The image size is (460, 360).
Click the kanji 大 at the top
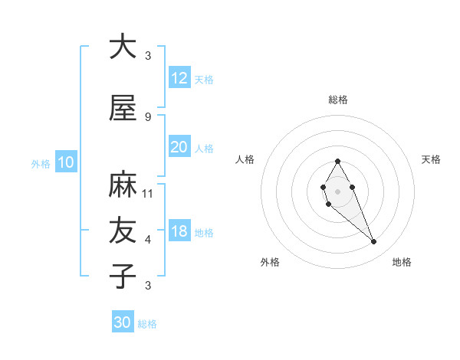pyautogui.click(x=123, y=47)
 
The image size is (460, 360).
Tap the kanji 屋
pyautogui.click(x=123, y=108)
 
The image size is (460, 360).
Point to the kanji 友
pyautogui.click(x=123, y=231)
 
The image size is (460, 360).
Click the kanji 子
pyautogui.click(x=123, y=276)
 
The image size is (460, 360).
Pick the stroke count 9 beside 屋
pyautogui.click(x=148, y=116)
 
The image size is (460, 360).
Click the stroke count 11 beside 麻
pyautogui.click(x=148, y=194)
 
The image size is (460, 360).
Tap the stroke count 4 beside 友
pyautogui.click(x=148, y=240)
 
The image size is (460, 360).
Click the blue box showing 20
pyautogui.click(x=179, y=147)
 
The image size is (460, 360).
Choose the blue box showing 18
pyautogui.click(x=179, y=231)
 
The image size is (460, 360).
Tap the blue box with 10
pyautogui.click(x=65, y=162)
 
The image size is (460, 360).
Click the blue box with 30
pyautogui.click(x=123, y=322)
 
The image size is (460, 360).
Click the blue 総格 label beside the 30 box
pyautogui.click(x=147, y=325)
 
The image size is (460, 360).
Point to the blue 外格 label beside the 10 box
pyautogui.click(x=40, y=164)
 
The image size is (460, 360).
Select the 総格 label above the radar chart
pyautogui.click(x=337, y=100)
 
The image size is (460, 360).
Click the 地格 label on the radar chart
pyautogui.click(x=402, y=263)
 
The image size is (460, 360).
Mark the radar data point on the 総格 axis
pyautogui.click(x=337, y=161)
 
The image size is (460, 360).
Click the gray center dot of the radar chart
pyautogui.click(x=337, y=190)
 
